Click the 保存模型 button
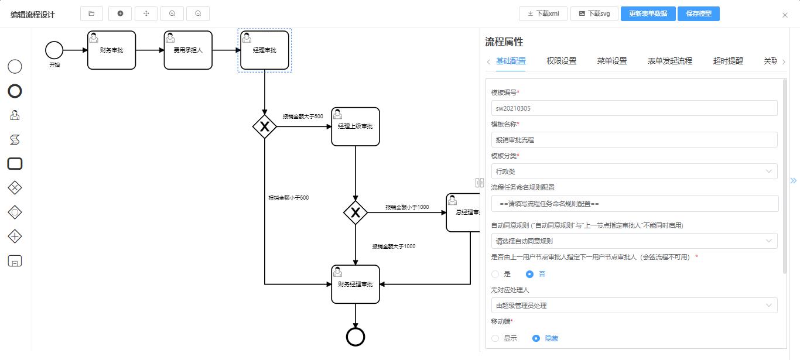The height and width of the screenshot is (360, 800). point(698,13)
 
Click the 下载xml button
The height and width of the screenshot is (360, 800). point(543,13)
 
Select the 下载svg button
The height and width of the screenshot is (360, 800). point(594,13)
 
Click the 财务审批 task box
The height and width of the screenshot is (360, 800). point(111,50)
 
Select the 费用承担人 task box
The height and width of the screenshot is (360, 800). point(188,50)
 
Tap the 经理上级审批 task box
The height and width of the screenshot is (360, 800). point(355,126)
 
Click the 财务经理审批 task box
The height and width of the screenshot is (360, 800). point(355,284)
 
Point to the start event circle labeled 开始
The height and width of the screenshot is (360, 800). point(54,50)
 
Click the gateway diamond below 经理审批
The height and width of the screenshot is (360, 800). point(265,126)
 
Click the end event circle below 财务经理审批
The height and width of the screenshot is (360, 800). point(355,337)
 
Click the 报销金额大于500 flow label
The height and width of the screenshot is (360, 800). point(303,116)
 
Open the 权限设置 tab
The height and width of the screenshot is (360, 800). point(561,61)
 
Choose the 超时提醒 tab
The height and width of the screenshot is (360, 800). point(728,61)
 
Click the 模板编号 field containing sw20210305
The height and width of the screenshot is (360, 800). point(634,108)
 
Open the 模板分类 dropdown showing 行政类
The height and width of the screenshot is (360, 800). point(634,172)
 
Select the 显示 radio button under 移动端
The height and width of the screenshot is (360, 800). point(495,338)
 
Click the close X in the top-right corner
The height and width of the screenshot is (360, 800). point(785,15)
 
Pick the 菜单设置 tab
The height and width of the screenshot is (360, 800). point(612,61)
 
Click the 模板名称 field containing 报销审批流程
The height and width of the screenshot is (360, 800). point(634,140)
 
